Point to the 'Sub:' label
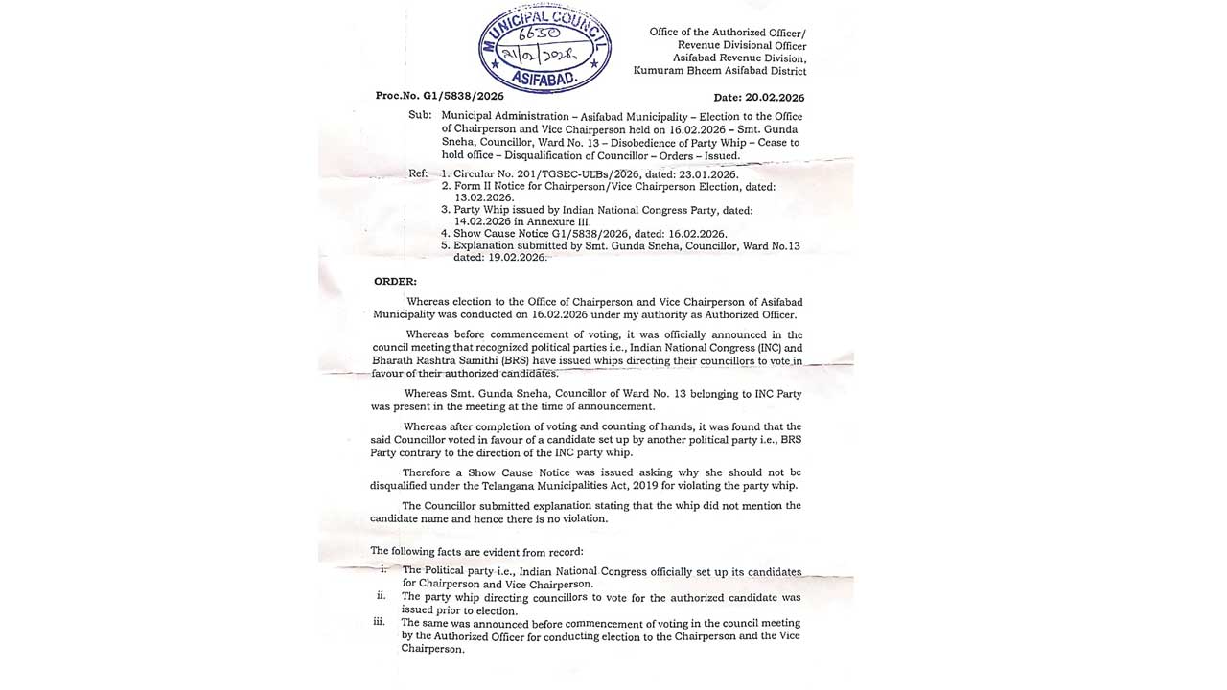pos(420,115)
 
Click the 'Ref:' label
pos(418,173)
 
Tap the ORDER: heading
pos(395,281)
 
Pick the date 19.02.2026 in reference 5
pos(514,258)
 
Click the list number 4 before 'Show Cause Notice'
pos(445,233)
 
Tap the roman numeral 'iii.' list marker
pos(379,622)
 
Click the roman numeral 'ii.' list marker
pos(381,596)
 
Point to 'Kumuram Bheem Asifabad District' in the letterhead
pos(720,71)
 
